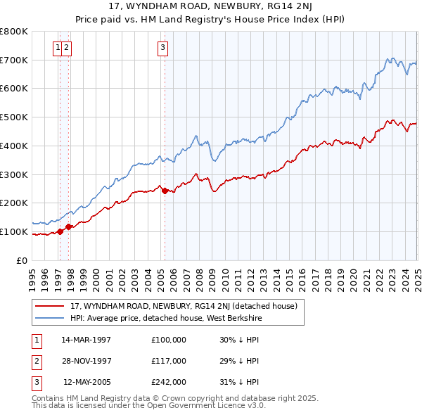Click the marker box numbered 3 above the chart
click(x=162, y=48)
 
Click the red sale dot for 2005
click(x=165, y=191)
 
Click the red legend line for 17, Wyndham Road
click(x=49, y=306)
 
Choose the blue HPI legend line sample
click(x=49, y=317)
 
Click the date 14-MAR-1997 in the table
click(x=87, y=340)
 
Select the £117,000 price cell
click(x=169, y=361)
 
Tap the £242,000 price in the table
click(x=169, y=382)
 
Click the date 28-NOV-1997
click(x=87, y=361)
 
